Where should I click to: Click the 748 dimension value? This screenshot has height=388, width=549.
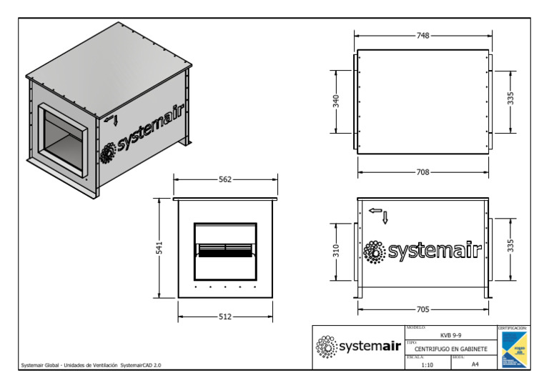click(x=422, y=35)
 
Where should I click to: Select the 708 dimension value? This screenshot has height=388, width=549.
click(x=422, y=171)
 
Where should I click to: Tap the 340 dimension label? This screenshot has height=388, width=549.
click(x=336, y=101)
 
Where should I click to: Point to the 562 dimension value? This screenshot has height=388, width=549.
click(x=225, y=180)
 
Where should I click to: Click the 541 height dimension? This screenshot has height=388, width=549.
click(x=161, y=248)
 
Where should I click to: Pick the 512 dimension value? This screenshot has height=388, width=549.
click(x=225, y=317)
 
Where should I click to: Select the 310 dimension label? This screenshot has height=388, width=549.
click(x=336, y=251)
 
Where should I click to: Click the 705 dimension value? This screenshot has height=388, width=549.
click(x=422, y=309)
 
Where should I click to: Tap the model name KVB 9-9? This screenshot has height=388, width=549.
click(x=450, y=334)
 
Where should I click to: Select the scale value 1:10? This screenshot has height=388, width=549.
click(x=427, y=364)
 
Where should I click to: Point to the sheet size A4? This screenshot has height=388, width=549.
click(x=475, y=364)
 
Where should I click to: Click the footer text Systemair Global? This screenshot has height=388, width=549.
click(x=91, y=365)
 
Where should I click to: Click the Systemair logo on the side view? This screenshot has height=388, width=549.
click(x=422, y=251)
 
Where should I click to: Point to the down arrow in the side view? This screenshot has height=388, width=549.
click(x=385, y=217)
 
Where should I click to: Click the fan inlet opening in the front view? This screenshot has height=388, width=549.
click(x=225, y=251)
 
